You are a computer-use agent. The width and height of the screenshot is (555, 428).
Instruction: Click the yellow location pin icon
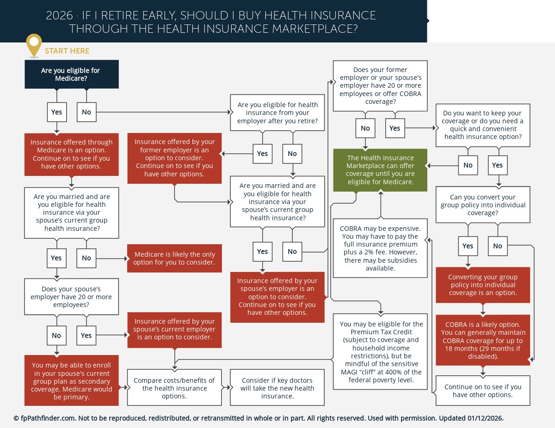click(34, 45)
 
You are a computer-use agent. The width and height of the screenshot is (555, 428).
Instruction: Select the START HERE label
click(67, 51)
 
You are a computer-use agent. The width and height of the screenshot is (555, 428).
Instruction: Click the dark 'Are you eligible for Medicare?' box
click(71, 74)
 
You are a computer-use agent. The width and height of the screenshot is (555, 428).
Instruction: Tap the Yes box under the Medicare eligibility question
click(56, 112)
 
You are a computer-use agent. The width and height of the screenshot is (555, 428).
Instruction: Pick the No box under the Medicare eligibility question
click(86, 112)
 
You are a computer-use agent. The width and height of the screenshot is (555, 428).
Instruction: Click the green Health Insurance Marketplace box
click(380, 170)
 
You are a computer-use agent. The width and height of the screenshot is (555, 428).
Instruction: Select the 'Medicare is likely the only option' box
click(174, 259)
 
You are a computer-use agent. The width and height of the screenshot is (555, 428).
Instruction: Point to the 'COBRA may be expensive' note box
click(380, 248)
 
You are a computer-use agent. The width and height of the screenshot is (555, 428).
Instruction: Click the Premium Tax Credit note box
click(380, 352)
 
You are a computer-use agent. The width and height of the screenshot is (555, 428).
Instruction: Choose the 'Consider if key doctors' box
click(277, 388)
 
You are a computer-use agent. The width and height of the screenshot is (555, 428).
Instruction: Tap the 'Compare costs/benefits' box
click(174, 388)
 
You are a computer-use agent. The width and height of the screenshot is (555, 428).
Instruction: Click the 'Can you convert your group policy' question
click(483, 205)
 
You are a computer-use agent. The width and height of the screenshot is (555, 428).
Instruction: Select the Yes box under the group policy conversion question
click(468, 246)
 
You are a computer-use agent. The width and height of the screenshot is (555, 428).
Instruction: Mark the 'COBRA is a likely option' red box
click(483, 340)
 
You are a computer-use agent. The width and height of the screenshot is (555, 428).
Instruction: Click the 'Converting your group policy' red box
click(483, 285)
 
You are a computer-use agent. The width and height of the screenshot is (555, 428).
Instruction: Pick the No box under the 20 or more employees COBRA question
click(365, 128)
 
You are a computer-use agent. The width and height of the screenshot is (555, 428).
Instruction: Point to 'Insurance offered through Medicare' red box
click(71, 155)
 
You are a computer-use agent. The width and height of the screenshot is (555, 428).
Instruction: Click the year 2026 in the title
click(59, 16)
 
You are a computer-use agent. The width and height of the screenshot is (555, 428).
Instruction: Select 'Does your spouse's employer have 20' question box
click(71, 297)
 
